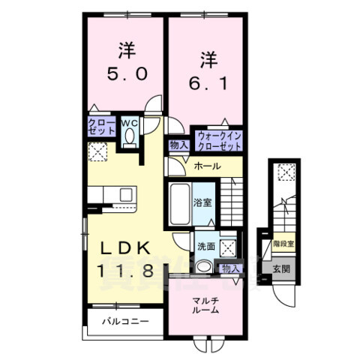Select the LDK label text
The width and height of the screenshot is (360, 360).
124,248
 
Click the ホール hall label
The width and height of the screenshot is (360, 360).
206,166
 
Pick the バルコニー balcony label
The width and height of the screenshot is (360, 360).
125,322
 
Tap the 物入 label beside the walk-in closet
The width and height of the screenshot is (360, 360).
178,145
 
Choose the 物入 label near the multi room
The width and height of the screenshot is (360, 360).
229,268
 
